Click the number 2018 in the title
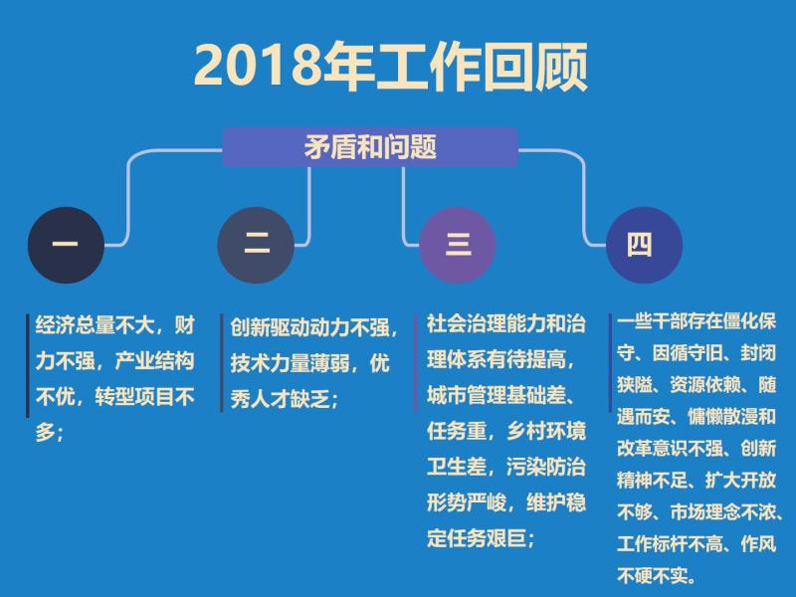[x=258, y=66]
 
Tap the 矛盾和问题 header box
[x=370, y=147]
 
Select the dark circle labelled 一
[x=66, y=245]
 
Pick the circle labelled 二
[x=256, y=245]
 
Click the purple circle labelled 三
[x=458, y=245]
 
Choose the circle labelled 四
[x=644, y=245]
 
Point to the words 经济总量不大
[x=95, y=325]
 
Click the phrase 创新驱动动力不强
[x=309, y=327]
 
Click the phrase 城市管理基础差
[x=496, y=395]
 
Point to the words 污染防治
[x=545, y=467]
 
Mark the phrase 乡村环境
[x=545, y=431]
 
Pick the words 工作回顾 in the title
[x=481, y=67]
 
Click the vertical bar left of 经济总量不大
[x=28, y=365]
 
